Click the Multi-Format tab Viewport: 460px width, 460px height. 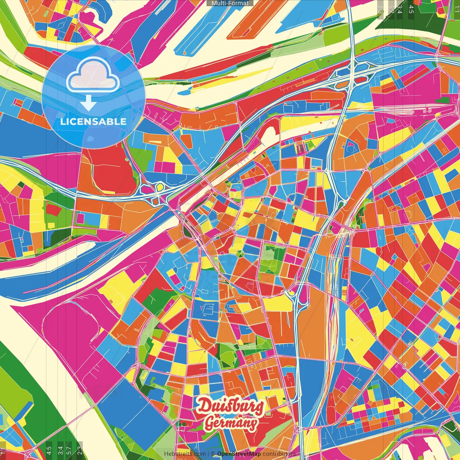[x=230, y=3]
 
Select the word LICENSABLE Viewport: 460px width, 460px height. [x=93, y=121]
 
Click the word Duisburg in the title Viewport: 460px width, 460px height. [x=230, y=406]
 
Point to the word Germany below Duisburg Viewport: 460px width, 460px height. [x=231, y=423]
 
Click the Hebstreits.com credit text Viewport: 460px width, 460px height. [x=185, y=454]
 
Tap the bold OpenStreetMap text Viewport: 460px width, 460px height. [x=239, y=454]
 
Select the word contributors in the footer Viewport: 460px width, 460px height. [x=279, y=454]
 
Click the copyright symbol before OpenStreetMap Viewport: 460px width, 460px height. [x=213, y=454]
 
